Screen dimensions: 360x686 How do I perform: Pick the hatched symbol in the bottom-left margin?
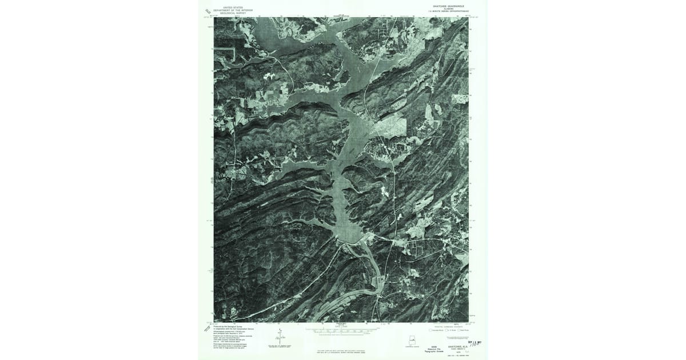point(207,329)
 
